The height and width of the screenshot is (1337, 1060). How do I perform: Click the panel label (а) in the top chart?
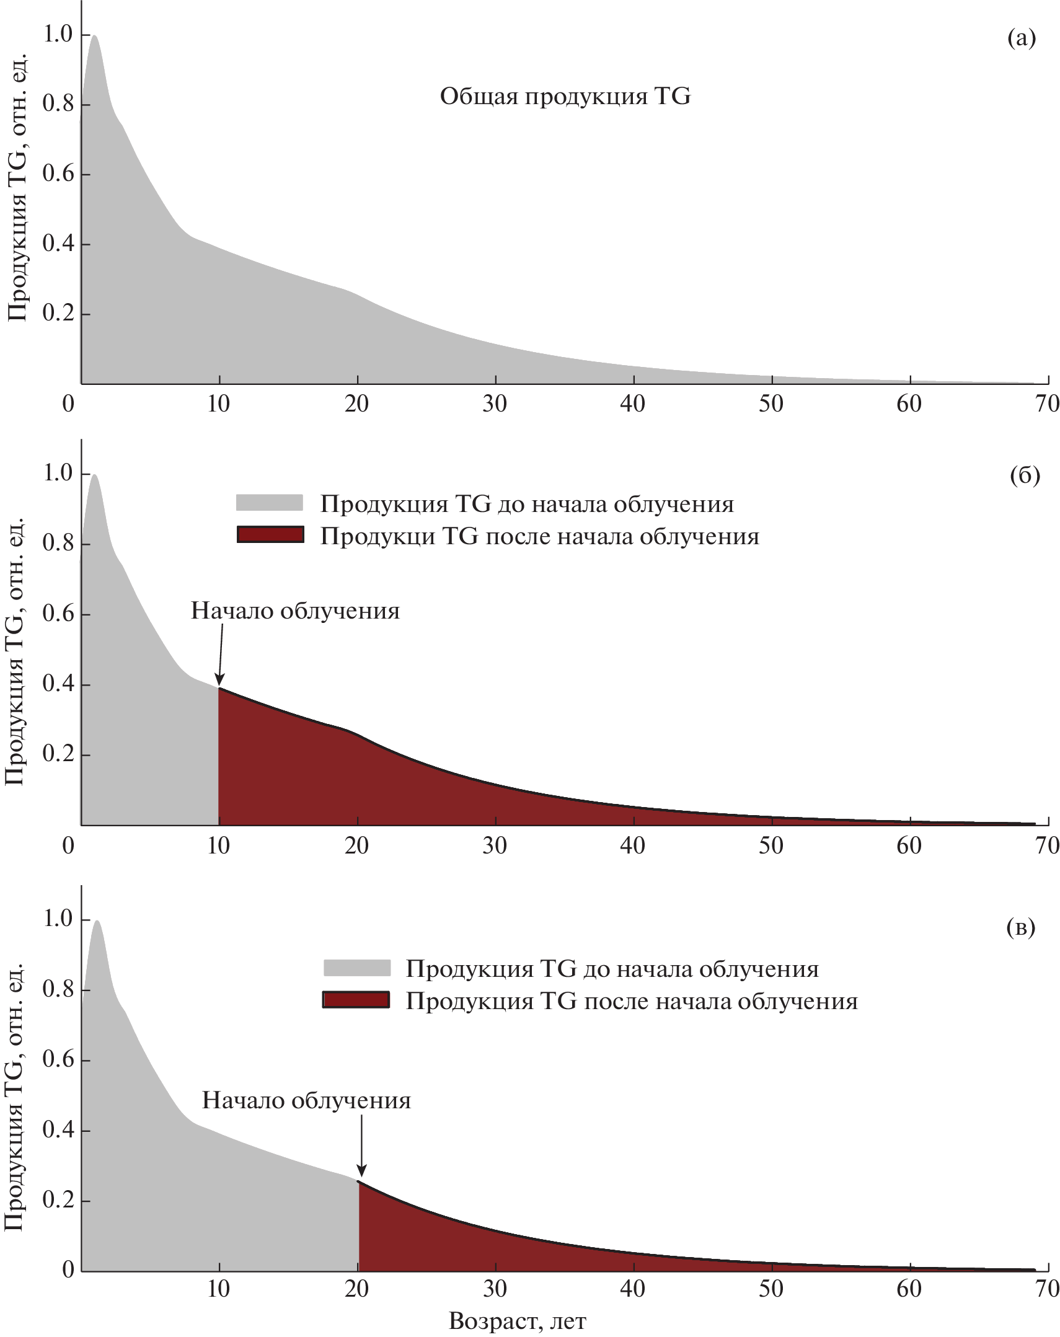coord(1021,38)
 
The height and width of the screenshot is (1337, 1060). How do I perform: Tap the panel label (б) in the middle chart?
coord(1025,475)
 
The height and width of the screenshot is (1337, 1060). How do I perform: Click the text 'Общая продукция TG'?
coord(565,97)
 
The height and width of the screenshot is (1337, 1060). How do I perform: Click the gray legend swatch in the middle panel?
coord(269,503)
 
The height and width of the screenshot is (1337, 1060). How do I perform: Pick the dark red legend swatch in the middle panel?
coord(270,534)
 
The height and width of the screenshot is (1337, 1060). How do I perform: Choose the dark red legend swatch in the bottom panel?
coord(356,1000)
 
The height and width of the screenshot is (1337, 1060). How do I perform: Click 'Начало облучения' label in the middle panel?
coord(295,611)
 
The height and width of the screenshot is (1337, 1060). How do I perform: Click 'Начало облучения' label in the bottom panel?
coord(306,1101)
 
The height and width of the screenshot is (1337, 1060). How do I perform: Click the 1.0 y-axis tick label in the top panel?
coord(58,35)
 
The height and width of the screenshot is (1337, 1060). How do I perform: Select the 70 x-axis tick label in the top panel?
coord(1047,404)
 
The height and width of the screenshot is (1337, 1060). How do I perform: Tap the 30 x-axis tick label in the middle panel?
coord(494,845)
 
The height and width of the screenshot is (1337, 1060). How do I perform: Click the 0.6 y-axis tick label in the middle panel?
coord(58,614)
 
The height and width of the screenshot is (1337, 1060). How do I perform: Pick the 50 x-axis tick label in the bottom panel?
coord(771,1289)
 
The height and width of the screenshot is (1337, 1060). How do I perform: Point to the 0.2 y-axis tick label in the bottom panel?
coord(58,1200)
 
